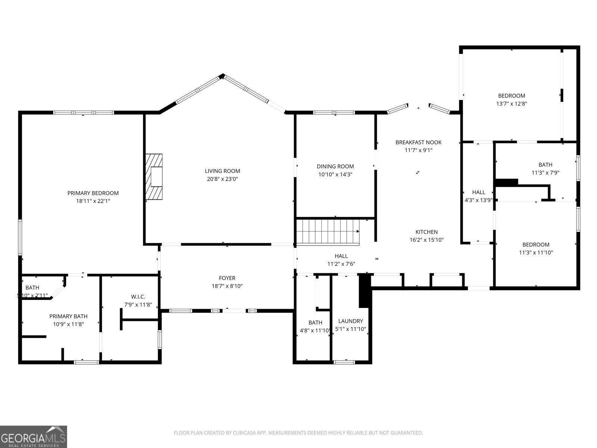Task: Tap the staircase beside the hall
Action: point(328,231)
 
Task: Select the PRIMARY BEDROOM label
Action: point(93,193)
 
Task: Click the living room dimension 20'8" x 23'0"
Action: point(222,179)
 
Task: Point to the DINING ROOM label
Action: point(335,167)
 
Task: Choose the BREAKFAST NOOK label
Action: point(418,142)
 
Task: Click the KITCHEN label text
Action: point(426,232)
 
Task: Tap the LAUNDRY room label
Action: point(350,321)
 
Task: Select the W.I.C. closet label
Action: point(138,297)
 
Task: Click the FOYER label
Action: point(227,278)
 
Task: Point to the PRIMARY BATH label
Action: point(68,316)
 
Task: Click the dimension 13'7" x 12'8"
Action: point(512,104)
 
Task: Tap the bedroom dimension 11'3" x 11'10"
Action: point(536,252)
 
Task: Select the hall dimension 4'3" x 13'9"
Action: point(479,200)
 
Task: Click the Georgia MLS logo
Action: point(34,436)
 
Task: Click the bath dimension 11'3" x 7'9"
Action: point(545,172)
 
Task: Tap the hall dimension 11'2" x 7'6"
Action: point(341,264)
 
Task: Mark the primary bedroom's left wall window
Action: point(20,237)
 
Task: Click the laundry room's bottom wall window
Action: point(344,362)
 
